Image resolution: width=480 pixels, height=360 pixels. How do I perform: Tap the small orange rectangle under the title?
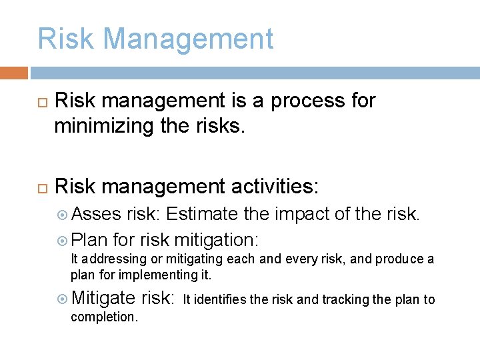(x=13, y=73)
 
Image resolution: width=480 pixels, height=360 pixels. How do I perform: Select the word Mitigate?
(x=103, y=298)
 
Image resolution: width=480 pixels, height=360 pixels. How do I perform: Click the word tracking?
(x=346, y=299)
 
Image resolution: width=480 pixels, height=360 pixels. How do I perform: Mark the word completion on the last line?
(x=104, y=317)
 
